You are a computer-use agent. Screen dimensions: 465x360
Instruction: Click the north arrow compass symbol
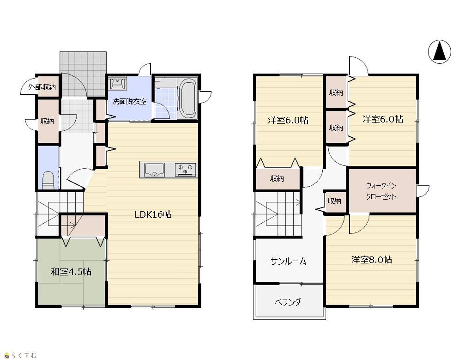pyautogui.click(x=440, y=52)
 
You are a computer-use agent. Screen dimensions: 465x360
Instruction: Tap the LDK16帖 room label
pyautogui.click(x=153, y=214)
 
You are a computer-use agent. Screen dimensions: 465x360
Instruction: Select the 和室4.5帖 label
pyautogui.click(x=71, y=272)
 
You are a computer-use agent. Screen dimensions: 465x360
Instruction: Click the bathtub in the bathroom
pyautogui.click(x=188, y=99)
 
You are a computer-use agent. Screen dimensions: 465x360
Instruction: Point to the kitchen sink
pyautogui.click(x=154, y=170)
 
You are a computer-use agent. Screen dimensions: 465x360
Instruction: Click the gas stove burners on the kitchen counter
pyautogui.click(x=186, y=170)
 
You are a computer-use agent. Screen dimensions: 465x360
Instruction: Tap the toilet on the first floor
pyautogui.click(x=48, y=180)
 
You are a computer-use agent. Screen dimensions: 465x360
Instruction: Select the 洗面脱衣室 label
pyautogui.click(x=129, y=102)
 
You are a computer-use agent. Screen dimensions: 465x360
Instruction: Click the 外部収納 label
pyautogui.click(x=42, y=87)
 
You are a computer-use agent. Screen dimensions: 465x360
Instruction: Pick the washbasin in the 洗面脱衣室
pyautogui.click(x=118, y=83)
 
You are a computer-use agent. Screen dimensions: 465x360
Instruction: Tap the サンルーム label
pyautogui.click(x=288, y=261)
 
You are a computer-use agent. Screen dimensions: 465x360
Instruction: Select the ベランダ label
pyautogui.click(x=288, y=302)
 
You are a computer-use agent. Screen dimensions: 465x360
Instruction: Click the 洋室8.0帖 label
pyautogui.click(x=372, y=260)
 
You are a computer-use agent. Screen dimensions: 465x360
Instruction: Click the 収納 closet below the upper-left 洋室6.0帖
pyautogui.click(x=277, y=178)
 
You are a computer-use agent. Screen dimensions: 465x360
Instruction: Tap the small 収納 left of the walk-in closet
pyautogui.click(x=334, y=201)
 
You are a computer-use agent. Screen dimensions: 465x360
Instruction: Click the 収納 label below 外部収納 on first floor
pyautogui.click(x=47, y=122)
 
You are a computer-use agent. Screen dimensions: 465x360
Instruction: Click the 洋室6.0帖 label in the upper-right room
pyautogui.click(x=382, y=119)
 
